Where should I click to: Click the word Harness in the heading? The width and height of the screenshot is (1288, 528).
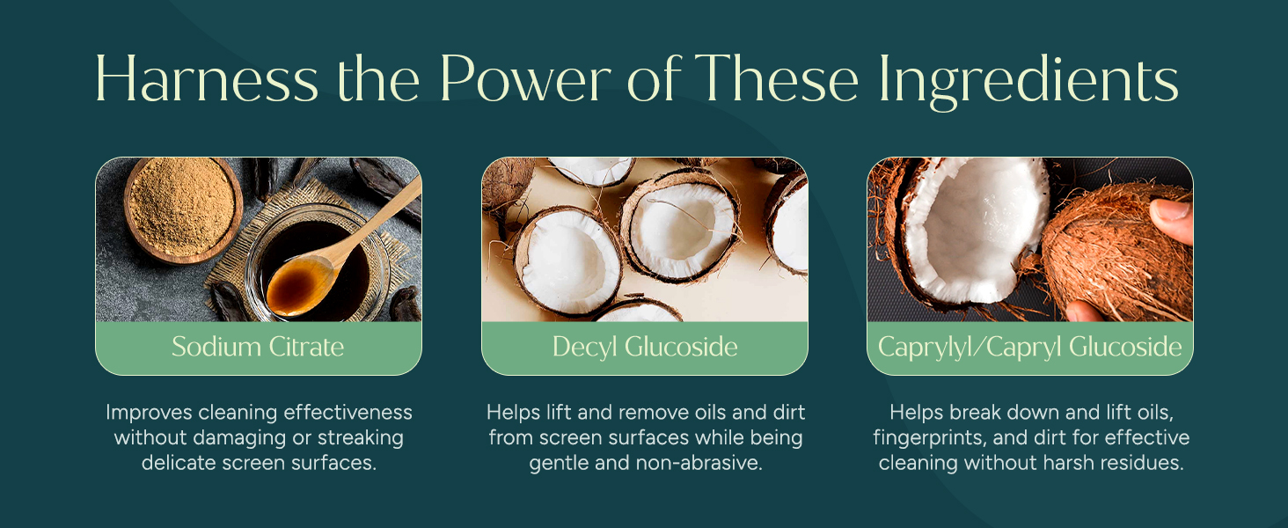click(x=207, y=79)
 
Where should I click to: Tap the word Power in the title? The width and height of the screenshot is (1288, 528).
click(x=525, y=79)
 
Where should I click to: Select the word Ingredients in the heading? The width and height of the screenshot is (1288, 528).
click(x=1028, y=82)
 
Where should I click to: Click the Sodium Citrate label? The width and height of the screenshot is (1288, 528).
click(x=258, y=347)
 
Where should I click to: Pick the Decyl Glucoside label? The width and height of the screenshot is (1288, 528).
click(x=645, y=347)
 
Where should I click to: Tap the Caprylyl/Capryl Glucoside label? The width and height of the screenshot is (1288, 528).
click(x=1030, y=347)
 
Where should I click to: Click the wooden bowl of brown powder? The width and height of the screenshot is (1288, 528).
click(x=182, y=209)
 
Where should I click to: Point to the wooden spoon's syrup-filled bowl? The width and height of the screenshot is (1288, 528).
click(x=301, y=286)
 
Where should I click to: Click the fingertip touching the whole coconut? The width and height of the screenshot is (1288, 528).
click(x=1172, y=219)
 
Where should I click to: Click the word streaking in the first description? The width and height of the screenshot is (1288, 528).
click(x=361, y=438)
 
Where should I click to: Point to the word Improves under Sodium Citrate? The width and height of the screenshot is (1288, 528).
click(x=149, y=413)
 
